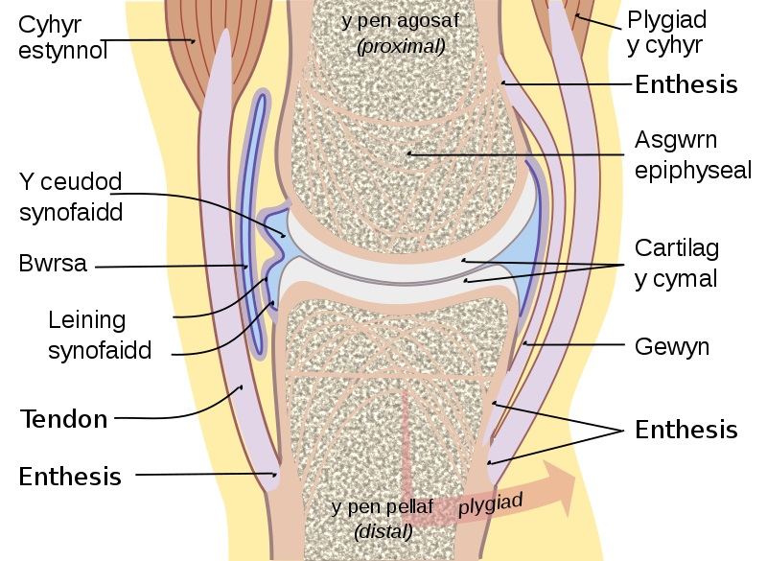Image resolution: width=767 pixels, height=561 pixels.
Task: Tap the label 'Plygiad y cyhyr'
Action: (665, 32)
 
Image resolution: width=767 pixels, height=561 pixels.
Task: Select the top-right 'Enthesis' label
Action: (686, 84)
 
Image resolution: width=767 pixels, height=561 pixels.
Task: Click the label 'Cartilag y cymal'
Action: (677, 263)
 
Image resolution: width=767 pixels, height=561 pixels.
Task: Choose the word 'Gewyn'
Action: (672, 346)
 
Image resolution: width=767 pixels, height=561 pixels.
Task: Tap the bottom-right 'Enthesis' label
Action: (686, 429)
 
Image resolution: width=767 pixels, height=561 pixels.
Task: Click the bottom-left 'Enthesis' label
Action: (70, 476)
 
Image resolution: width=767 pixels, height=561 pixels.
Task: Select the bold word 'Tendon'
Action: (63, 418)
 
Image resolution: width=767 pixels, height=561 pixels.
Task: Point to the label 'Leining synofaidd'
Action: (100, 335)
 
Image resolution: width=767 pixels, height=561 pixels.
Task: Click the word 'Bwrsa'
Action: (53, 263)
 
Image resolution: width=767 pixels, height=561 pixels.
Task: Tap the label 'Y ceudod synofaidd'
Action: (71, 196)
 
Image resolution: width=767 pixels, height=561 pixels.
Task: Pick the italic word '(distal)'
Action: (383, 530)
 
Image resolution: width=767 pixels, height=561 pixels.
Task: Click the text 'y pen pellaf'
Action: (383, 505)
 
